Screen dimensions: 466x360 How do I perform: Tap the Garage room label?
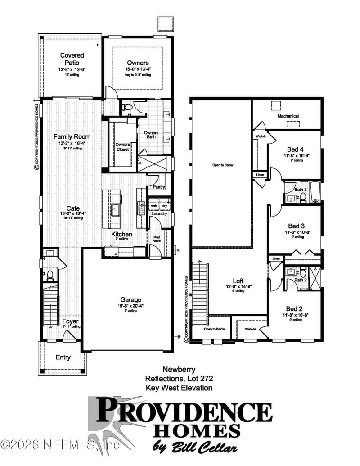tap(130, 299)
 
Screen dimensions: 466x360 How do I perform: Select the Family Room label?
tap(72, 136)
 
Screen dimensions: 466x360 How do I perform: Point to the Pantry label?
tap(159, 187)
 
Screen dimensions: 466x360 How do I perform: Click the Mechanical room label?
tap(288, 116)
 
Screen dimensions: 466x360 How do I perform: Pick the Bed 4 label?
tap(295, 150)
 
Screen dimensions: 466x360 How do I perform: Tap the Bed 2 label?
tap(295, 308)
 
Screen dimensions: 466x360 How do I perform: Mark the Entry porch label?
tap(63, 357)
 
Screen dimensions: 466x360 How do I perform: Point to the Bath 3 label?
tap(301, 190)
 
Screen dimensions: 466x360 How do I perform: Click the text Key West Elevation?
tap(179, 387)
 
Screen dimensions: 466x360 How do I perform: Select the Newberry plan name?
tap(179, 370)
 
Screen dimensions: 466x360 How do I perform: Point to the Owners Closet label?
tap(123, 147)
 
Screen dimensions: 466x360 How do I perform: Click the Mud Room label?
tap(157, 238)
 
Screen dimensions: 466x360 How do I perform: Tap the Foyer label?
tap(70, 321)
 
